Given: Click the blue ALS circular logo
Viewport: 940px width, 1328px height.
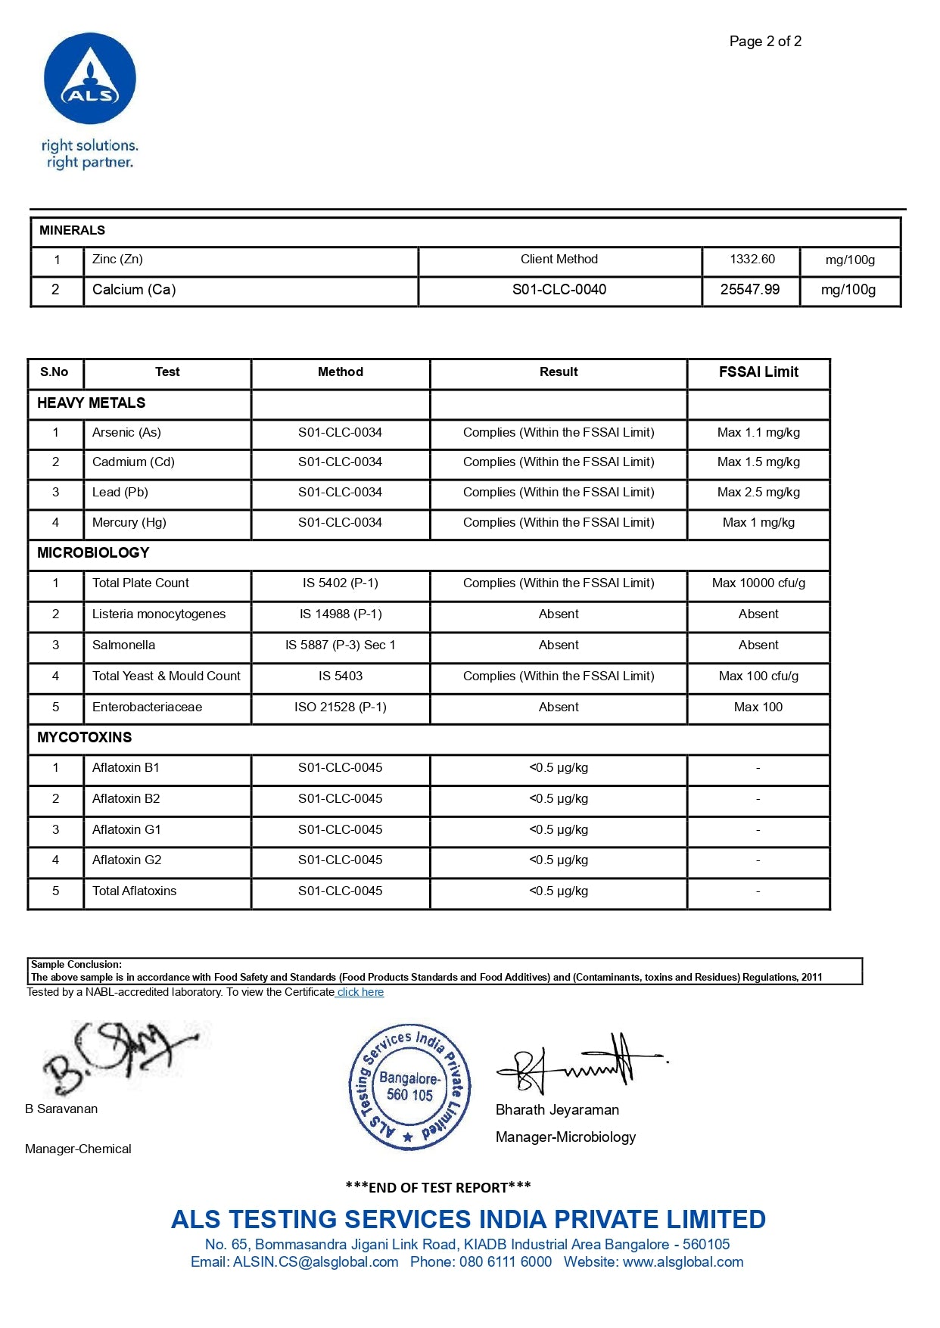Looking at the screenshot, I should [x=90, y=79].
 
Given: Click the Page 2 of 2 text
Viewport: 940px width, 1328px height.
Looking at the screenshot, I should [x=765, y=42].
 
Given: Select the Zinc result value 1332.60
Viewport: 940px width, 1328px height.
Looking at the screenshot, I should [x=752, y=260].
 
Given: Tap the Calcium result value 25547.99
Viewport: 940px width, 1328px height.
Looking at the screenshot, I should [x=749, y=290].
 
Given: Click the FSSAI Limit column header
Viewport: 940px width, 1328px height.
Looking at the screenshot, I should [x=758, y=372].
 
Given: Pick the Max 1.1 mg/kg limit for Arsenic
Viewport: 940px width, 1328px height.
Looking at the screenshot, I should [x=758, y=433].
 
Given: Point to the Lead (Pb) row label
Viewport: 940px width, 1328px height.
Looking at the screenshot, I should [x=120, y=493].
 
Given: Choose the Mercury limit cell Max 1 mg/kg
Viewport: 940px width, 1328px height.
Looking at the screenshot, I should [x=758, y=523].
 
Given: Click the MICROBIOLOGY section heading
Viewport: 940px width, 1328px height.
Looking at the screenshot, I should [x=93, y=553].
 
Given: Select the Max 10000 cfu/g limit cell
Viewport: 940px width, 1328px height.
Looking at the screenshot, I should [x=758, y=583].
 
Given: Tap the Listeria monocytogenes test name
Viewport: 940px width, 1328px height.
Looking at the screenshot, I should [x=159, y=614].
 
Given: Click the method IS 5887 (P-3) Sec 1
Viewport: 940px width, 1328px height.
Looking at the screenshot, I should [x=341, y=645].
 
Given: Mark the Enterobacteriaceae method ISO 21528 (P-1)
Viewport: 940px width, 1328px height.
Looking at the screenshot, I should [x=341, y=708].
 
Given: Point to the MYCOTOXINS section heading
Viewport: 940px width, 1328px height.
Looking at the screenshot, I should [x=84, y=738].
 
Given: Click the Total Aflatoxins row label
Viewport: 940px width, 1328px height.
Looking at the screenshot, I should [x=134, y=891].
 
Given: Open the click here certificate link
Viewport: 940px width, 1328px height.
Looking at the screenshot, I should [x=360, y=992].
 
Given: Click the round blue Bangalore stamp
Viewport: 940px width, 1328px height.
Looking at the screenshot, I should [x=409, y=1087].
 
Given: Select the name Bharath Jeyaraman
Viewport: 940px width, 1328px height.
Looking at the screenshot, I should [x=557, y=1110].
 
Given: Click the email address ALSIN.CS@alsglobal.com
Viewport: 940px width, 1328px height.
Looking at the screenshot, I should [x=316, y=1262].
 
